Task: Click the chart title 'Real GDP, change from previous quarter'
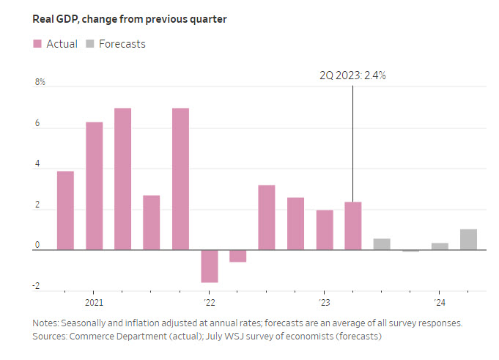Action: click(129, 19)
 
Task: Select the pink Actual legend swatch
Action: click(37, 44)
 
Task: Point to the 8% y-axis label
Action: click(39, 82)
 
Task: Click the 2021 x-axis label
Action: click(94, 302)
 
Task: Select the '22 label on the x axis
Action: click(208, 302)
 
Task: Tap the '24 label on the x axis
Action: click(438, 302)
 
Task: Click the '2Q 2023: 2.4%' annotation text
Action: click(352, 75)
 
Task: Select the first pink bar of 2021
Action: click(65, 210)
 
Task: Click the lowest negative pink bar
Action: click(210, 266)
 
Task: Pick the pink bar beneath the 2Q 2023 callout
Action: click(353, 226)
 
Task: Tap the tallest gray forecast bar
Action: click(468, 240)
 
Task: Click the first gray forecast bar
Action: click(382, 244)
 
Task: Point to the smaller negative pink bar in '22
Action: click(238, 256)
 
